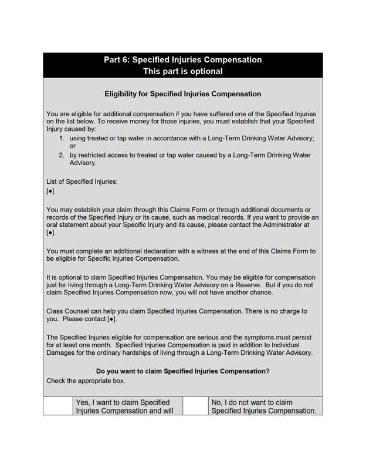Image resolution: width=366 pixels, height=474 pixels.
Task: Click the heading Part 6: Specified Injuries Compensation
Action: (182, 60)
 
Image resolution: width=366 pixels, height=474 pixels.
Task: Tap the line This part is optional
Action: (182, 71)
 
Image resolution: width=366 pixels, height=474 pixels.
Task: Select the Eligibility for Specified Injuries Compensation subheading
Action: (182, 94)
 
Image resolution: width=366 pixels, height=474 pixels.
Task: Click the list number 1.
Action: (62, 138)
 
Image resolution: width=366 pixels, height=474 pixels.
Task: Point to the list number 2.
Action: (62, 155)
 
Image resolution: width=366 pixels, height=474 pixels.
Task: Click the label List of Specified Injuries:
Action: (82, 181)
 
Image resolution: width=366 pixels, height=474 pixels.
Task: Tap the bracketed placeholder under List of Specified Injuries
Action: (50, 191)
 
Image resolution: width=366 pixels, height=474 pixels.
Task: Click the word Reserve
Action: (239, 285)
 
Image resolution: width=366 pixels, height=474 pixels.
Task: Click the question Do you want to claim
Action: (182, 371)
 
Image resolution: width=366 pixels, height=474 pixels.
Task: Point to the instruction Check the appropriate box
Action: (86, 381)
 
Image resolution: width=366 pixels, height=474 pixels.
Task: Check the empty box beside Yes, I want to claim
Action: (58, 406)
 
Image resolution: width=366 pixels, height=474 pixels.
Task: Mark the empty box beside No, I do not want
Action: (195, 406)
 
